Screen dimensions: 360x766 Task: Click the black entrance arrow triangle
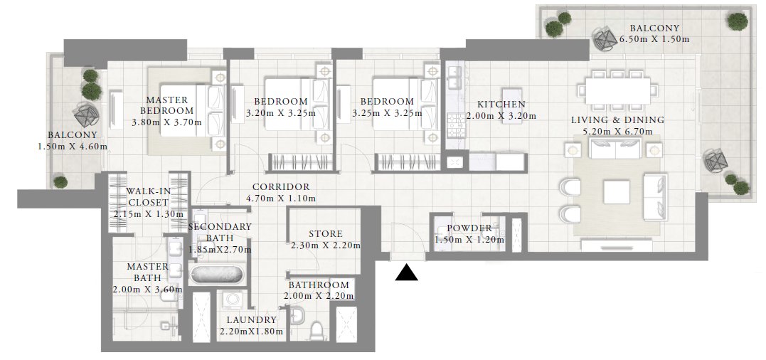click(406, 272)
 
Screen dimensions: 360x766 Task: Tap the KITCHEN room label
click(501, 104)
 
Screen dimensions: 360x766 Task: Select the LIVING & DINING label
click(617, 120)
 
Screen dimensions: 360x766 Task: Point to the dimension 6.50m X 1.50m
click(654, 39)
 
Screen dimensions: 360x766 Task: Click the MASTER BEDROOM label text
click(166, 106)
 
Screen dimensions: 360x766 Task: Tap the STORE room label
click(326, 234)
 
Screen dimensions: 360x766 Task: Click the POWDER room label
click(468, 228)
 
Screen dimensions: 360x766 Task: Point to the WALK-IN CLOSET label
click(148, 197)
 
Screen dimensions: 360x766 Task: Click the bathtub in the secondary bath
click(218, 273)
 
